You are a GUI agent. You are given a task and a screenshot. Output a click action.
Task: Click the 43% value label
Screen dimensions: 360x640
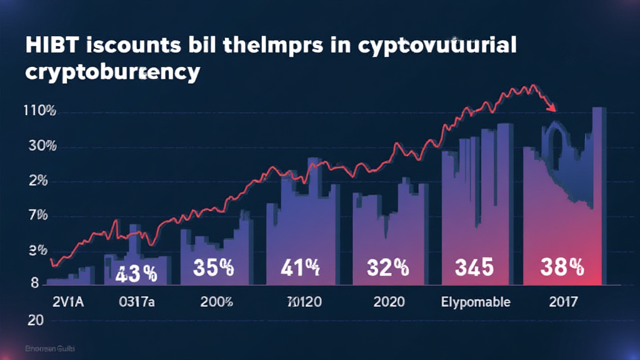tap(136, 272)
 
